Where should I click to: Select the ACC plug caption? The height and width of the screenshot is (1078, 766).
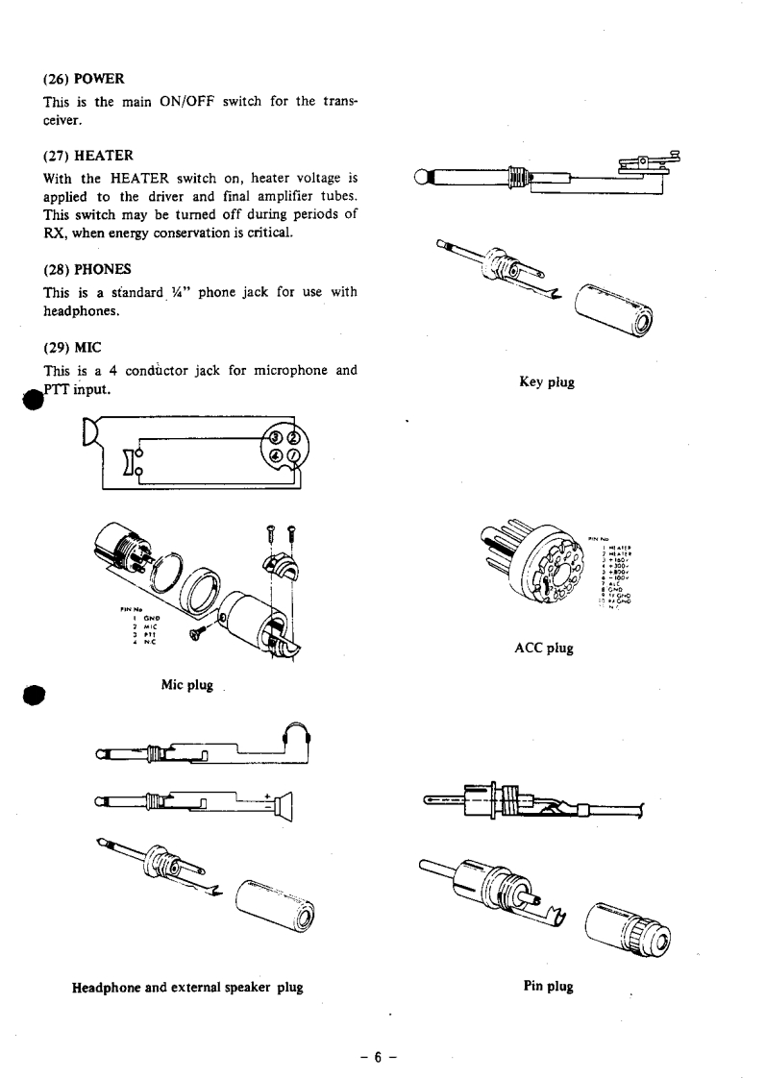pos(544,649)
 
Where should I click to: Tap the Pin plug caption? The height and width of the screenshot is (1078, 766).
pos(548,987)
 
